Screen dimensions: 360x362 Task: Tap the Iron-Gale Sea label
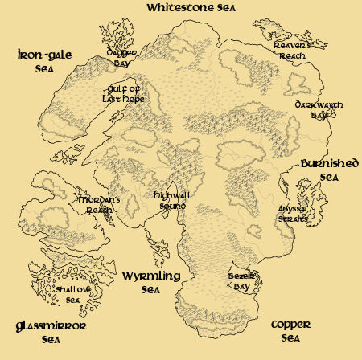point(45,61)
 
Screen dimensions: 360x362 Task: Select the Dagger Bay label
point(122,57)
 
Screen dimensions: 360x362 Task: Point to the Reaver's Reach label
point(292,51)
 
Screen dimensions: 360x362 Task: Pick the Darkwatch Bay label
point(312,110)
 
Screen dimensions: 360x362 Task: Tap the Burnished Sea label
point(329,170)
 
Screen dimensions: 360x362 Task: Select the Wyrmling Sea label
point(151,282)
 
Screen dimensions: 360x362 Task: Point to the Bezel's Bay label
point(232,280)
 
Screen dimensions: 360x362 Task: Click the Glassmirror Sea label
point(51,332)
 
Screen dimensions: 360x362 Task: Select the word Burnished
point(329,164)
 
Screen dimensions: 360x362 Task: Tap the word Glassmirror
point(51,326)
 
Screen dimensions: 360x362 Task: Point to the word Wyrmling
point(151,276)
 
